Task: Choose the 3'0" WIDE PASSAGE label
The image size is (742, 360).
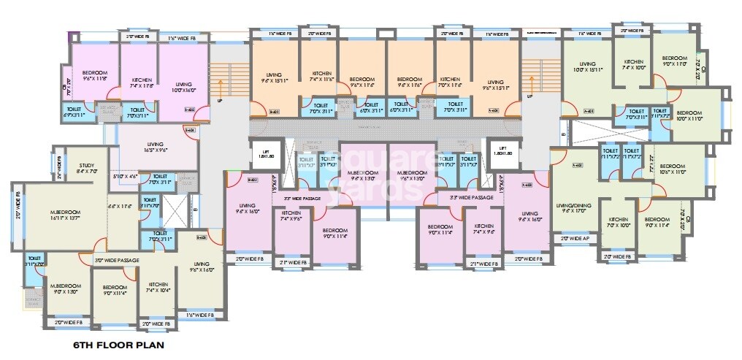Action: point(116,260)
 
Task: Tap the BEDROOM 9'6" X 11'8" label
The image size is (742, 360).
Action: point(95,76)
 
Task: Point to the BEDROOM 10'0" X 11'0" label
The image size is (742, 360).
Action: point(689,116)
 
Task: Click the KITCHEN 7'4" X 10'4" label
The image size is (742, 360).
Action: point(158,288)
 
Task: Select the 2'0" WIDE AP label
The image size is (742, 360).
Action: point(574,239)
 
